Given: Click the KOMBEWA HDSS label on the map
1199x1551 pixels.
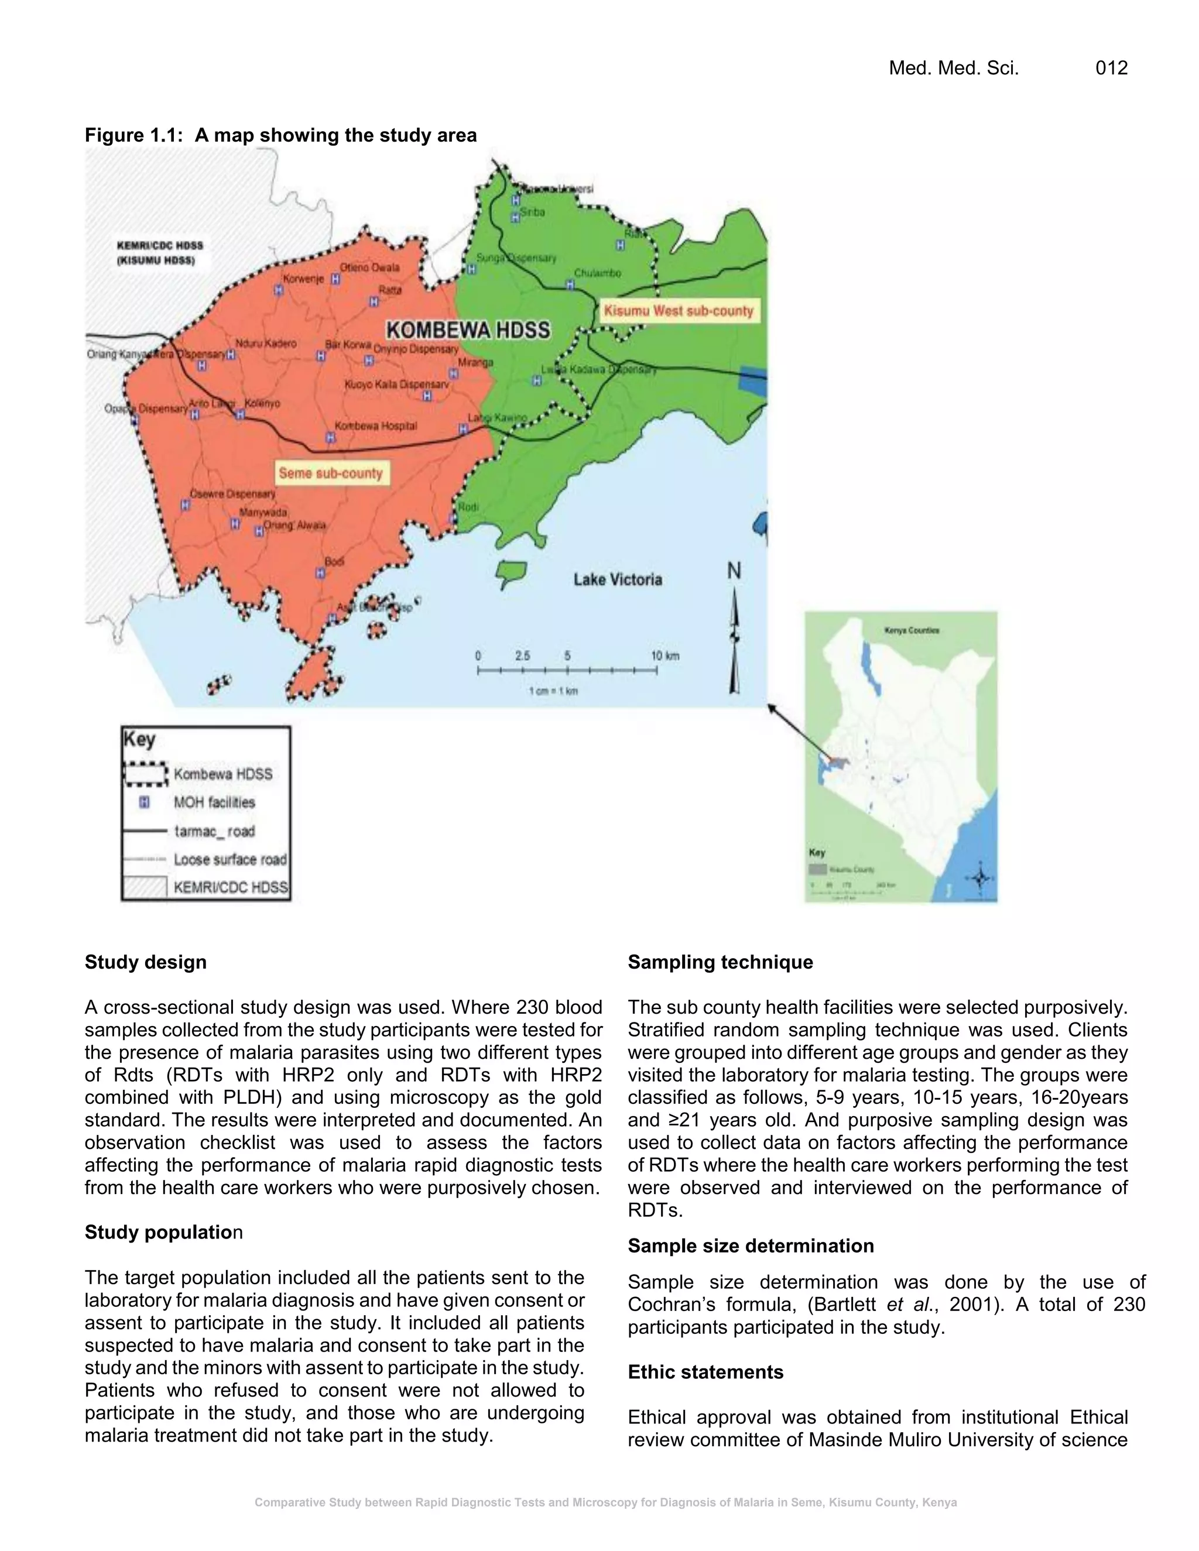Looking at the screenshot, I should coord(468,330).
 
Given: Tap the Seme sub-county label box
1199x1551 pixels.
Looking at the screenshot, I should coord(330,473).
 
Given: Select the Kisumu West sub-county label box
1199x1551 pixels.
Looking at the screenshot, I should coord(679,311).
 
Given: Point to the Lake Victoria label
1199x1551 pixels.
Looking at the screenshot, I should coord(617,579).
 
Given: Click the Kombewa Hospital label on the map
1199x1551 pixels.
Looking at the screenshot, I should coord(375,426).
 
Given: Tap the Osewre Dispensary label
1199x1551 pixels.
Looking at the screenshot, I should coord(232,493).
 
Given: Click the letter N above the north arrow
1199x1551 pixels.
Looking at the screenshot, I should coord(734,571).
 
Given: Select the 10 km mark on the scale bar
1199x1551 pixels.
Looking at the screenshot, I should coord(665,656).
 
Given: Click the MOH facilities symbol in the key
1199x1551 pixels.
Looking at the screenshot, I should coord(144,802).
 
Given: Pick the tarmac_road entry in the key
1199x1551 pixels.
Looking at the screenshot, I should coord(214,831).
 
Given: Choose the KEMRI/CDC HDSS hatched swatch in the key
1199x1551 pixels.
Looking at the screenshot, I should coord(145,887).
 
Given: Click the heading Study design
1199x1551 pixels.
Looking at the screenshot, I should coord(146,962).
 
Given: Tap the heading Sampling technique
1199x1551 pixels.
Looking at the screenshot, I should coord(720,962).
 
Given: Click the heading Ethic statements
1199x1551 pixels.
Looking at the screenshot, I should coord(705,1372).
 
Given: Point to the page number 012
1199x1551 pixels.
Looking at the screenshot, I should coord(1111,68).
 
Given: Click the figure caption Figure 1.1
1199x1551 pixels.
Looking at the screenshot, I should coord(280,135).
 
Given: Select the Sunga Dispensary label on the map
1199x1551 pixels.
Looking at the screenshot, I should coord(516,259).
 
